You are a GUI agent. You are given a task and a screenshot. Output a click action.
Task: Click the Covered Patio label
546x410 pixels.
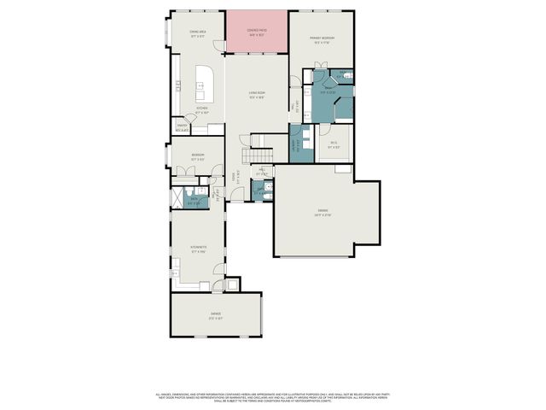click(257, 32)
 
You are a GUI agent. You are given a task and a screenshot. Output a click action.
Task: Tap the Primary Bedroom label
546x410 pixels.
click(321, 40)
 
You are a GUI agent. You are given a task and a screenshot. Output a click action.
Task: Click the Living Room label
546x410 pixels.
click(257, 96)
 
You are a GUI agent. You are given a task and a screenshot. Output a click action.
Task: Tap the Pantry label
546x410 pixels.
click(182, 126)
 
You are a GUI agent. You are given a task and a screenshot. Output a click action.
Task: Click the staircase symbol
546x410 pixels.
click(258, 155)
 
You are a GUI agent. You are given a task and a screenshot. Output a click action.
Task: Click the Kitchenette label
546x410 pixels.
click(197, 249)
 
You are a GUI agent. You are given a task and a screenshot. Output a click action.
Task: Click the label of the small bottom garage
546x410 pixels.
click(215, 317)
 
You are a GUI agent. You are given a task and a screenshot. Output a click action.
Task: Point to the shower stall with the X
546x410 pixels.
click(178, 199)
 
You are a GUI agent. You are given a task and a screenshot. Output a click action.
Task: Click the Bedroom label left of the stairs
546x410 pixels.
click(196, 157)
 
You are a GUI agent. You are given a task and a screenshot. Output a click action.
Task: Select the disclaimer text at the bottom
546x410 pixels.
click(273, 397)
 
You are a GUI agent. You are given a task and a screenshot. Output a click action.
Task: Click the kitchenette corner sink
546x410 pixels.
click(175, 272)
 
